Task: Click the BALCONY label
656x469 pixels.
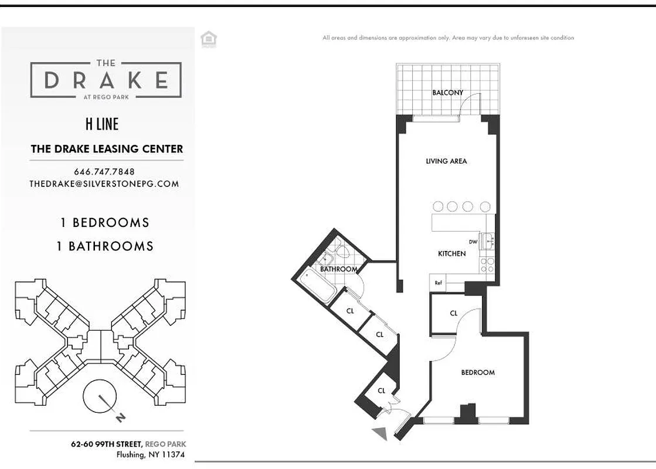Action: [x=447, y=93]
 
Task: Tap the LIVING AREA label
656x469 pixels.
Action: [x=446, y=161]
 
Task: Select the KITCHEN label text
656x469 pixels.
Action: [x=452, y=254]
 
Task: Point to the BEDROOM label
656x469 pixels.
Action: [x=478, y=372]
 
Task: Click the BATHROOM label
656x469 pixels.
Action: [x=339, y=269]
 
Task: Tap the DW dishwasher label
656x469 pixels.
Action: [x=473, y=242]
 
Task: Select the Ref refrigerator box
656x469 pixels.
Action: [x=439, y=283]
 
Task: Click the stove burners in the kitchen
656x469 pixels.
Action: [x=487, y=265]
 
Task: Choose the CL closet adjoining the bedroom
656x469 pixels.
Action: [x=454, y=314]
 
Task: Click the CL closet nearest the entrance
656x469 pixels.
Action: [x=381, y=391]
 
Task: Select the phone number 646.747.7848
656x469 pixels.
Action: [x=104, y=172]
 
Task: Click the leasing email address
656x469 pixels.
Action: [x=104, y=183]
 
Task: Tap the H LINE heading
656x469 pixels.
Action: [x=102, y=124]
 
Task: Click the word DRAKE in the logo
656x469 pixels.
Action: [x=106, y=80]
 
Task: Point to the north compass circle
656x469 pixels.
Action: [x=101, y=399]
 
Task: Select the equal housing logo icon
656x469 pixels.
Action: [x=208, y=39]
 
